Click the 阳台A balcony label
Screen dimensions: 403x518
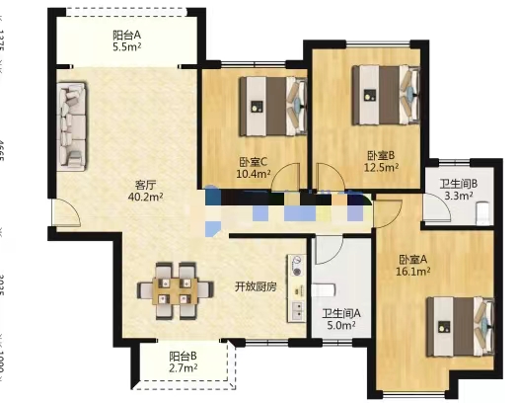(x=126, y=34)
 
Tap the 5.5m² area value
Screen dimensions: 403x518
(x=126, y=46)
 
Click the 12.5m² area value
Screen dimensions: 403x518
(x=382, y=168)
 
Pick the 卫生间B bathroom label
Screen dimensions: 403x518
(x=459, y=183)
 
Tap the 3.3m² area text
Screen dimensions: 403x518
(x=459, y=196)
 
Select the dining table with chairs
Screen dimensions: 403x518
(x=182, y=287)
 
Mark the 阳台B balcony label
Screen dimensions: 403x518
(x=183, y=356)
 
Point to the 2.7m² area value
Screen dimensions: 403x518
(x=183, y=368)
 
